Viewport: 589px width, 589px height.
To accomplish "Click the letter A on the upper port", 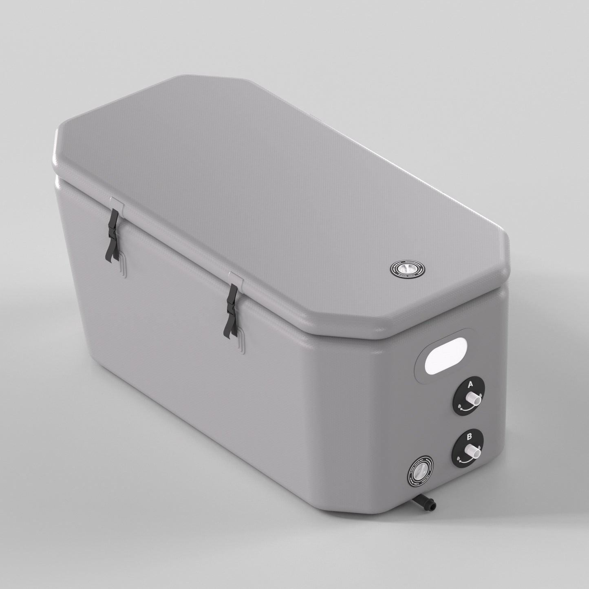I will pos(470,384).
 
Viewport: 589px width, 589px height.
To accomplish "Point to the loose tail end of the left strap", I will pos(109,254).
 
